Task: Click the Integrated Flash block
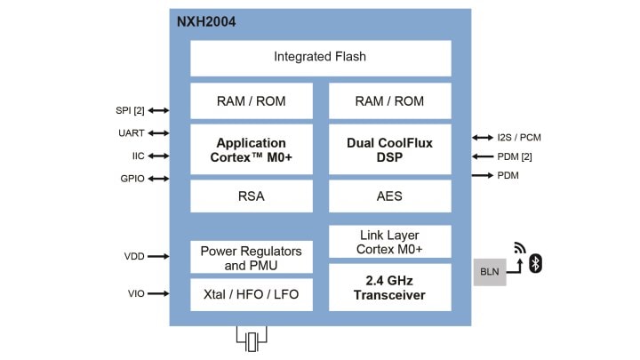tap(320, 57)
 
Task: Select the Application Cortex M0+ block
tap(252, 149)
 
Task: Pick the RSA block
tap(252, 196)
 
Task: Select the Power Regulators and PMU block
tap(252, 258)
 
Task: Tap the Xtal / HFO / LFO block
tap(252, 295)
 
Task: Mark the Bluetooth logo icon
tap(536, 263)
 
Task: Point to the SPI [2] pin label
tap(130, 110)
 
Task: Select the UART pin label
tap(132, 133)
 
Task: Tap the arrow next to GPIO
tap(159, 179)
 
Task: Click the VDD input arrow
tap(159, 256)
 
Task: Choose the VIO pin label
tap(134, 293)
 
